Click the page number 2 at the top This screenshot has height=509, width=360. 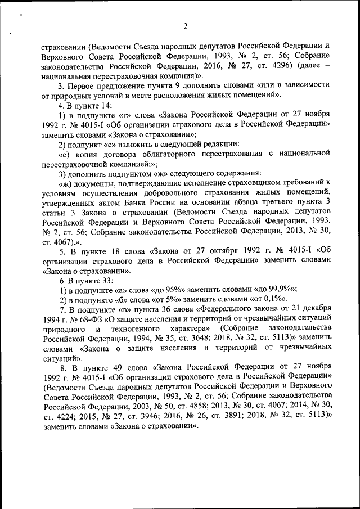click(184, 25)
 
